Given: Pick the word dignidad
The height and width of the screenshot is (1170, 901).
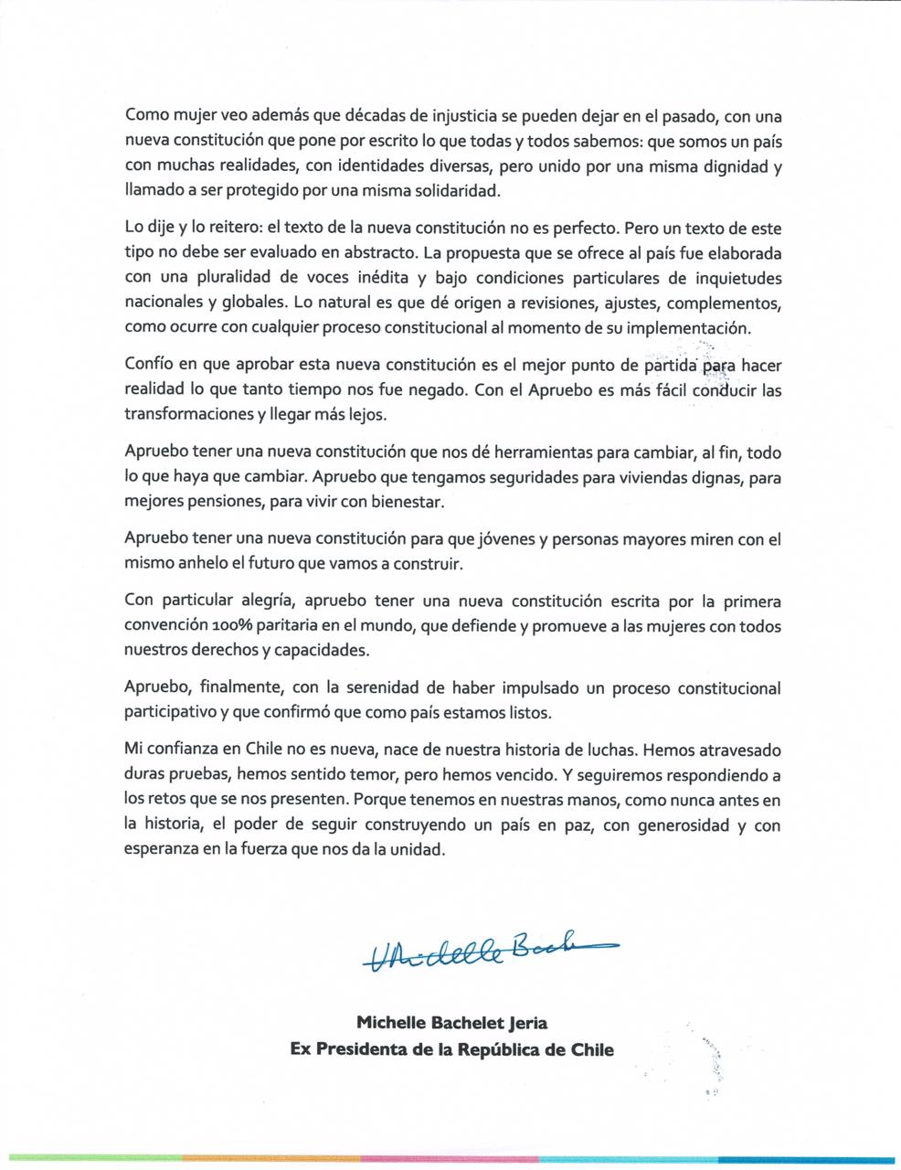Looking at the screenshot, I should click(739, 167).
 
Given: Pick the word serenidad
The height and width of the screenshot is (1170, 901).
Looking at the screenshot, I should click(370, 687).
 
